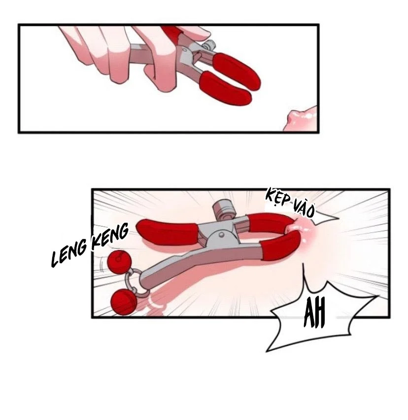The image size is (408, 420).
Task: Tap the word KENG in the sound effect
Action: click(110, 237)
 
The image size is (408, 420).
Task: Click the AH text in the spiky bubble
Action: click(315, 313)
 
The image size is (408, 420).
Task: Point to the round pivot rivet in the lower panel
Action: click(221, 235)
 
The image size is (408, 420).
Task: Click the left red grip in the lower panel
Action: click(168, 232)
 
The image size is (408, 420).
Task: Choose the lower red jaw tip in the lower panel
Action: click(280, 245)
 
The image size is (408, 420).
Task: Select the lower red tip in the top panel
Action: click(225, 88)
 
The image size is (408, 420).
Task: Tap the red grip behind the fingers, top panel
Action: click(171, 32)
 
